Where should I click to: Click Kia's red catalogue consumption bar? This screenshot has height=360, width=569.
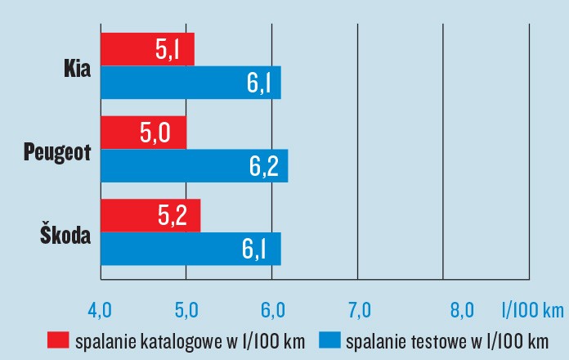point(147,50)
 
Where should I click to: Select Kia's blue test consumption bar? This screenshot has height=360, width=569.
point(190,83)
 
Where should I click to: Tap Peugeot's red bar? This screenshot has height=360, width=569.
point(143,133)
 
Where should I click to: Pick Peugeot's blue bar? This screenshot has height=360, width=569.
point(194,165)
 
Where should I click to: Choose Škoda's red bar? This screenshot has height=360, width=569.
point(150,215)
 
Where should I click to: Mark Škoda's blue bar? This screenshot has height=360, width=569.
point(190,249)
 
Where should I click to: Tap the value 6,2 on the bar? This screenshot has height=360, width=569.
point(264,166)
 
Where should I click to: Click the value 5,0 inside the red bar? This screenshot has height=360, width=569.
point(155,133)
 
